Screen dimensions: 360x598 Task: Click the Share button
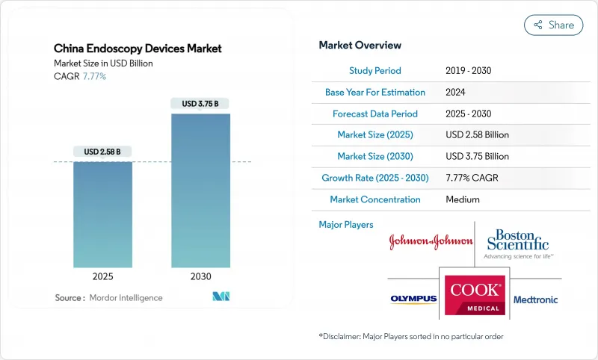click(x=554, y=25)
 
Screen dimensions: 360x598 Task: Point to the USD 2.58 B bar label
click(x=103, y=152)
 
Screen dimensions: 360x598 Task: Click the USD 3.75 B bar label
click(x=200, y=104)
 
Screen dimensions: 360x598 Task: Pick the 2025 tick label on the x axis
click(x=103, y=276)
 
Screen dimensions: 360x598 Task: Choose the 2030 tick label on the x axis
click(x=200, y=276)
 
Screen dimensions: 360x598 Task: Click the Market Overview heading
click(x=360, y=46)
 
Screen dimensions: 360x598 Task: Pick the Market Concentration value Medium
click(x=462, y=199)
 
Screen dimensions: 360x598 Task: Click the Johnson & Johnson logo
click(x=431, y=241)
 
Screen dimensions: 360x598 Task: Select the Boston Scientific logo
click(x=518, y=240)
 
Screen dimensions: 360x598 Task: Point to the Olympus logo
click(x=413, y=300)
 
